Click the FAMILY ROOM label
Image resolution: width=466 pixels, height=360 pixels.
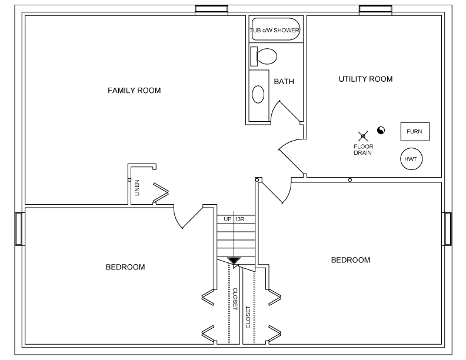(134, 91)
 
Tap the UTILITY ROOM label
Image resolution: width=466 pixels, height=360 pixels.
(365, 79)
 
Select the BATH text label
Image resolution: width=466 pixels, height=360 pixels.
(284, 82)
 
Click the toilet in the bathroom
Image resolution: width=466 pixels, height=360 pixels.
(264, 56)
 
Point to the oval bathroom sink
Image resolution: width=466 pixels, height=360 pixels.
(258, 94)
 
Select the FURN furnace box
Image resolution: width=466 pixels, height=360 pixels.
(414, 131)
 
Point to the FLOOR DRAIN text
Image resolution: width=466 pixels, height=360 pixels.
(364, 149)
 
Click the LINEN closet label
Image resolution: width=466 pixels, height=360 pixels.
(137, 187)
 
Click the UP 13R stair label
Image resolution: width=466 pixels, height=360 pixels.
(234, 219)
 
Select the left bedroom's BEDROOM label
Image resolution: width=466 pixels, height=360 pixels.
(125, 267)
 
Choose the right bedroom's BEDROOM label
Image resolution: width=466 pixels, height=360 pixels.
(351, 260)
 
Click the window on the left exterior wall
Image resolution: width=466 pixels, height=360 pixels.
(18, 229)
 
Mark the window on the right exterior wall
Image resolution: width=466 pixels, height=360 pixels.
(448, 229)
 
